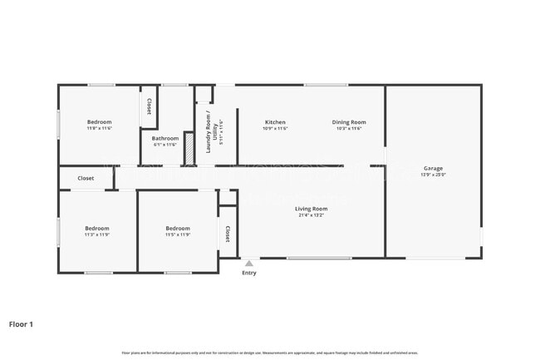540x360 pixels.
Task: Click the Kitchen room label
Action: pyautogui.click(x=275, y=122)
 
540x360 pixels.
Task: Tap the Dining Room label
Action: pyautogui.click(x=349, y=122)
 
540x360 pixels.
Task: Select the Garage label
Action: pyautogui.click(x=433, y=168)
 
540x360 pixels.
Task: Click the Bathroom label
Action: pyautogui.click(x=165, y=138)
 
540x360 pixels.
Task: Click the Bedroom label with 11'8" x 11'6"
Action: pyautogui.click(x=99, y=122)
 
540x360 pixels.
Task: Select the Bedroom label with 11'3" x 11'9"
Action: pyautogui.click(x=96, y=228)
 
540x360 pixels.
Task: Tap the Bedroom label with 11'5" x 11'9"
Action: pyautogui.click(x=177, y=228)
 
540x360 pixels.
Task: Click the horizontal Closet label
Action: pyautogui.click(x=86, y=178)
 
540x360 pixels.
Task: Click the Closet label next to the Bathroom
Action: pyautogui.click(x=149, y=106)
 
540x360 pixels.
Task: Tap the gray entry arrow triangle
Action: pyautogui.click(x=248, y=264)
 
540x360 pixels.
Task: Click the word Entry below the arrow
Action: pyautogui.click(x=248, y=273)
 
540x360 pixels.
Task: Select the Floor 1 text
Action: pyautogui.click(x=21, y=323)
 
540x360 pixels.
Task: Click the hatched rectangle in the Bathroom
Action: pyautogui.click(x=189, y=148)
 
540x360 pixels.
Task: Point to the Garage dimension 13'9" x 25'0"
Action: pyautogui.click(x=433, y=175)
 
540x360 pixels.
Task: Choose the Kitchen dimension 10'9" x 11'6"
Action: pyautogui.click(x=275, y=129)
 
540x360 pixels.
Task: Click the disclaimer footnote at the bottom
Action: pyautogui.click(x=269, y=353)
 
